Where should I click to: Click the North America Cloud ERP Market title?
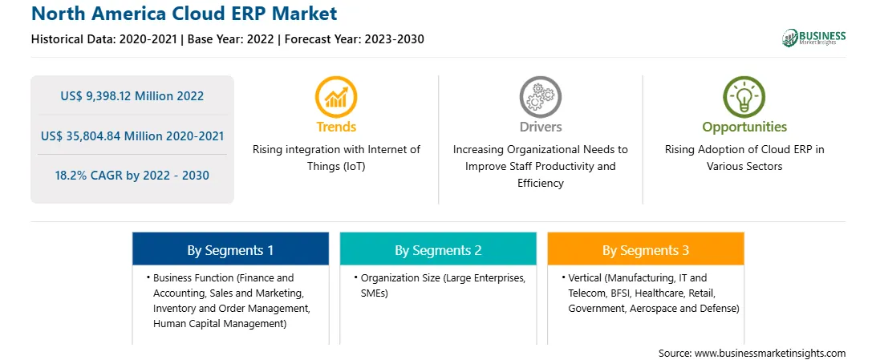tap(185, 14)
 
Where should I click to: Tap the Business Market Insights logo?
tap(814, 38)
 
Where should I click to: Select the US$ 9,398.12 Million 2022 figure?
tap(132, 96)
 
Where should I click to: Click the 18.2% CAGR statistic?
tap(132, 176)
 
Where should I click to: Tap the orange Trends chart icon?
tap(336, 97)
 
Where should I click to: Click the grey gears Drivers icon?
tap(540, 97)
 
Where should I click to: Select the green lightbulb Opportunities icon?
tap(744, 97)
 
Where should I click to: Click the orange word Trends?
tap(336, 127)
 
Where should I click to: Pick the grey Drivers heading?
tap(541, 127)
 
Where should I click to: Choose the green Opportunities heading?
tap(744, 127)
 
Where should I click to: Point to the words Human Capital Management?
tap(220, 323)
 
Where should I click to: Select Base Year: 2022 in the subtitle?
tap(231, 39)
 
